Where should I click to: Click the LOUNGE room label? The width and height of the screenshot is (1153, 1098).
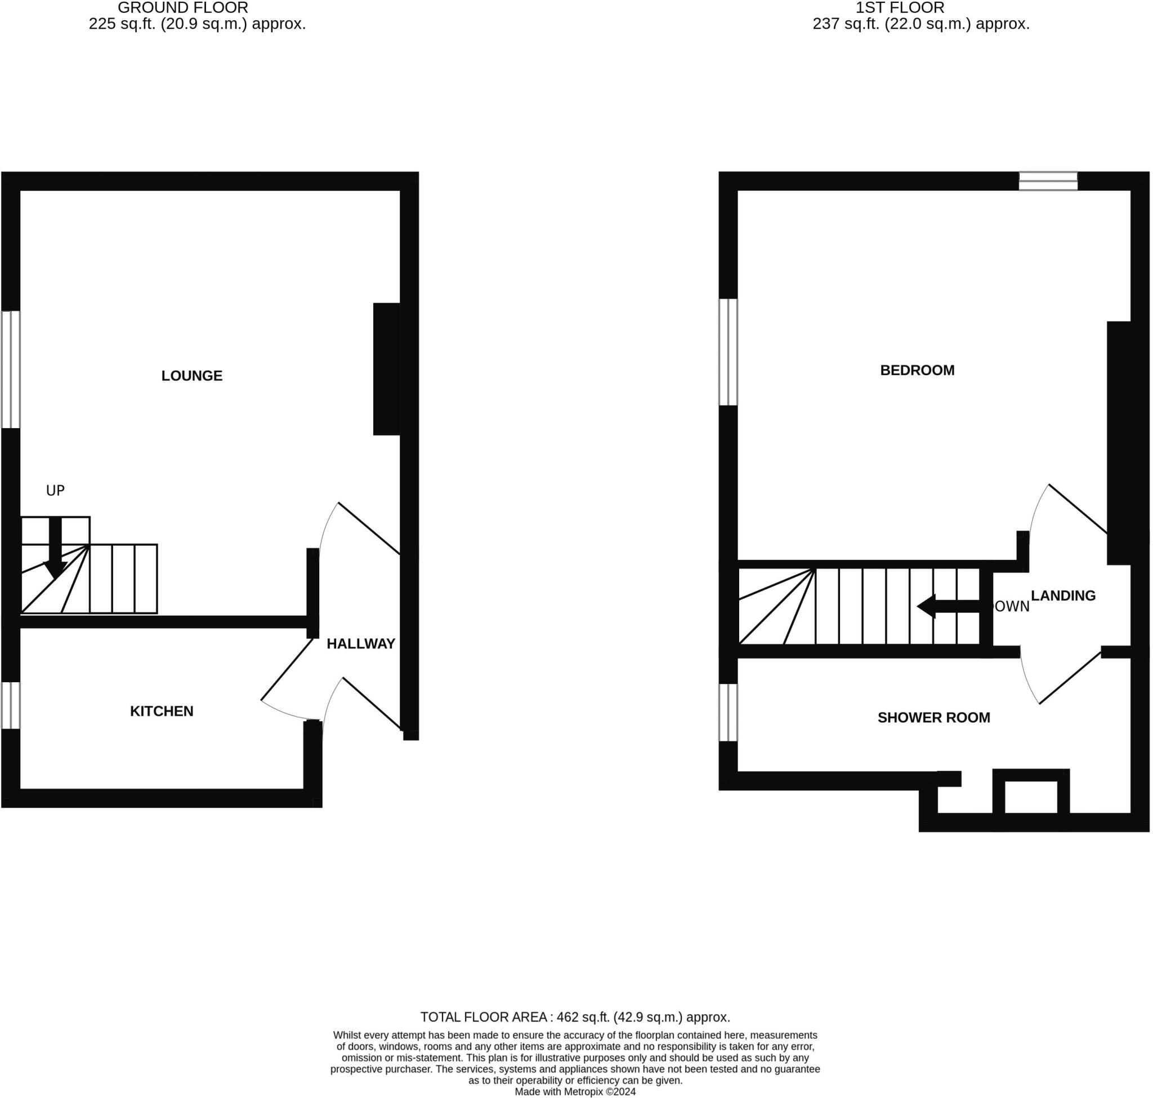pyautogui.click(x=192, y=376)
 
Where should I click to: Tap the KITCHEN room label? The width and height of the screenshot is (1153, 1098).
pyautogui.click(x=162, y=711)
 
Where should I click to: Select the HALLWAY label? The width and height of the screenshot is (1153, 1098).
pyautogui.click(x=360, y=644)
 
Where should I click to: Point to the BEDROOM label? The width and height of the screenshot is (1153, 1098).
pyautogui.click(x=917, y=371)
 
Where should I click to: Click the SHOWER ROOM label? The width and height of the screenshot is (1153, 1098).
pyautogui.click(x=933, y=718)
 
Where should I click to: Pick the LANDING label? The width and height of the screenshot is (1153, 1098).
pyautogui.click(x=1062, y=596)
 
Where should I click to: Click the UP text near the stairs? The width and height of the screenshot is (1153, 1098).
pyautogui.click(x=55, y=491)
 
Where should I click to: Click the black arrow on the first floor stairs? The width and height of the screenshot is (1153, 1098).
pyautogui.click(x=948, y=606)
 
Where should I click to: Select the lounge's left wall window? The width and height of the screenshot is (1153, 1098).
pyautogui.click(x=11, y=370)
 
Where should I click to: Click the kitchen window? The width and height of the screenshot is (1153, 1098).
pyautogui.click(x=11, y=705)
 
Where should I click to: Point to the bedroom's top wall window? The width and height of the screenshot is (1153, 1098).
pyautogui.click(x=1048, y=181)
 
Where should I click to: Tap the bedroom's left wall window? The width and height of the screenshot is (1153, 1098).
pyautogui.click(x=728, y=352)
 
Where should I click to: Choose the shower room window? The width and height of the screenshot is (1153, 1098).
pyautogui.click(x=728, y=712)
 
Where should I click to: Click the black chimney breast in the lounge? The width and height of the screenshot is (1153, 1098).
pyautogui.click(x=386, y=370)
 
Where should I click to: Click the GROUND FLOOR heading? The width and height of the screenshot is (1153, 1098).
pyautogui.click(x=182, y=8)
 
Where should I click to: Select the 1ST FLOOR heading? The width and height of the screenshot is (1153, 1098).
pyautogui.click(x=900, y=8)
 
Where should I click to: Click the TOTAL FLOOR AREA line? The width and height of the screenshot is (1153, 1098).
pyautogui.click(x=575, y=1017)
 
